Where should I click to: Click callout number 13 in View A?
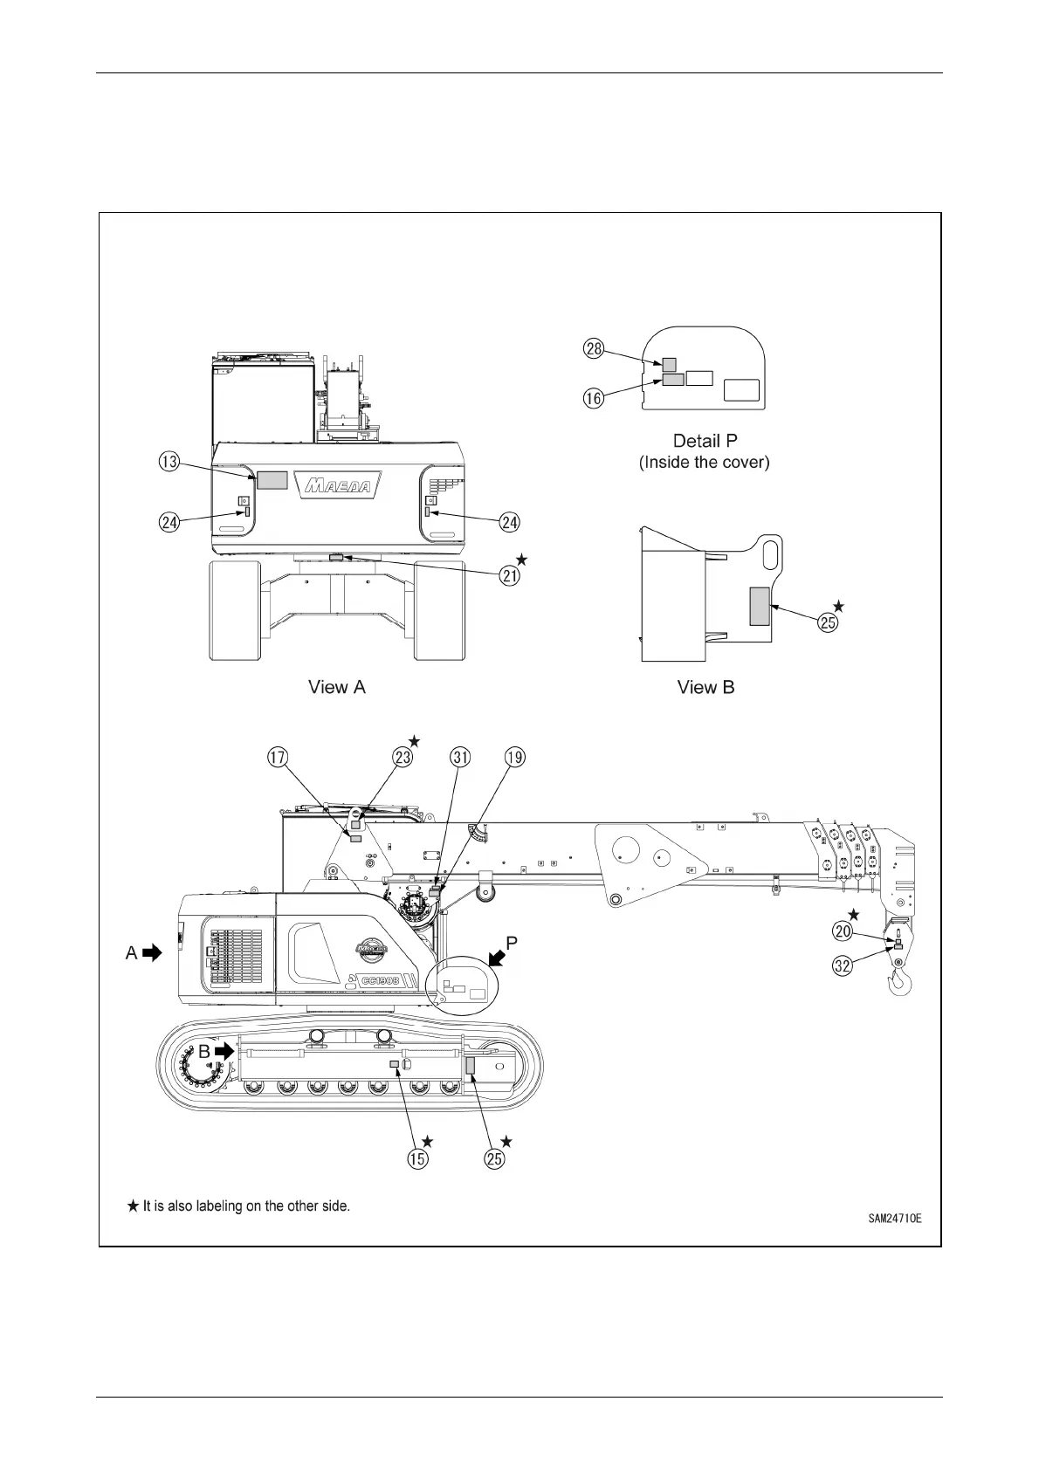tap(169, 462)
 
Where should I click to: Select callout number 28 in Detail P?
tap(594, 349)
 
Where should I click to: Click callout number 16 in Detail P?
tap(594, 398)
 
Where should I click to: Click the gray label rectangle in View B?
tap(760, 606)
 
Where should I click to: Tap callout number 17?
tap(278, 757)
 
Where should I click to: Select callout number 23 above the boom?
tap(403, 757)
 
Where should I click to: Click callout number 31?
tap(460, 757)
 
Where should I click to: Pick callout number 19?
tap(515, 757)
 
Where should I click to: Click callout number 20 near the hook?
tap(843, 931)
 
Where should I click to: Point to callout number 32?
tap(843, 966)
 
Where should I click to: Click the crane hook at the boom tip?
tap(901, 982)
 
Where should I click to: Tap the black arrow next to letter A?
tap(153, 952)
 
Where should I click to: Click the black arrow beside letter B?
tap(225, 1052)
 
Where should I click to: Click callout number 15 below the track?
tap(419, 1158)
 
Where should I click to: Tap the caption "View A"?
tap(337, 687)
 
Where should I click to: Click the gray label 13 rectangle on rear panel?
tap(272, 478)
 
